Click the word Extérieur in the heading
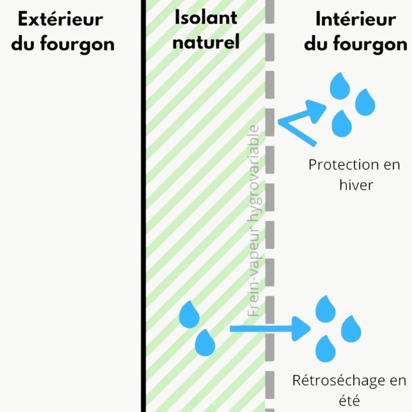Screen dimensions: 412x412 tap(60, 20)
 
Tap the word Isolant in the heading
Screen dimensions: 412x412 tap(206, 18)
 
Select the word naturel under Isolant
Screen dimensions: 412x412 tap(206, 42)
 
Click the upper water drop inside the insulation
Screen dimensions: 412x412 tap(189, 315)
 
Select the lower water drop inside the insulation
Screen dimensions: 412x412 tap(205, 343)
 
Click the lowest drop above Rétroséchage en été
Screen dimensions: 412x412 tap(325, 349)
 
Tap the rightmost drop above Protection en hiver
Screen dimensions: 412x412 tap(365, 103)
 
